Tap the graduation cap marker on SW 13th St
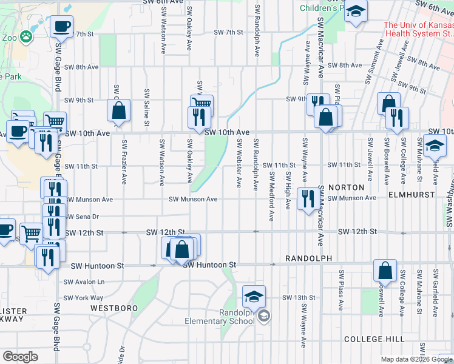point(254,296)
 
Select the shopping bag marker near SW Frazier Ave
point(118,111)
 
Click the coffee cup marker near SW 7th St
point(61,27)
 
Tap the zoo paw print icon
point(26,37)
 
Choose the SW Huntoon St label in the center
point(209,265)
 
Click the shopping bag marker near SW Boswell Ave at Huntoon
point(384,271)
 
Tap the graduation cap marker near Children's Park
point(356,11)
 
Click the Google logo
point(21,357)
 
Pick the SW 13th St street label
point(299,297)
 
